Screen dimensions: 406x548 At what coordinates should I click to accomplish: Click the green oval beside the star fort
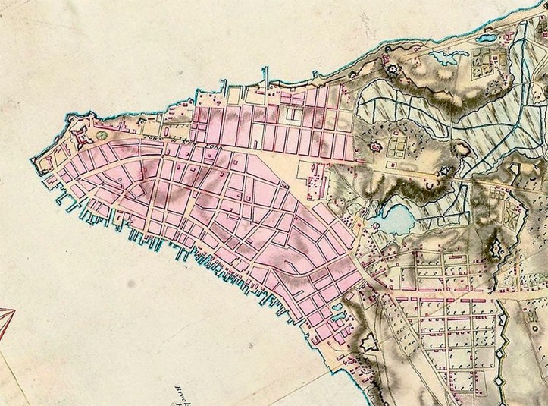pos(100,135)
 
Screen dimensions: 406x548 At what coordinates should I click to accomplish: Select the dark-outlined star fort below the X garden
pos(497,248)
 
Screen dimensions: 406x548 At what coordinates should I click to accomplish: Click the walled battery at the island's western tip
pos(42,162)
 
